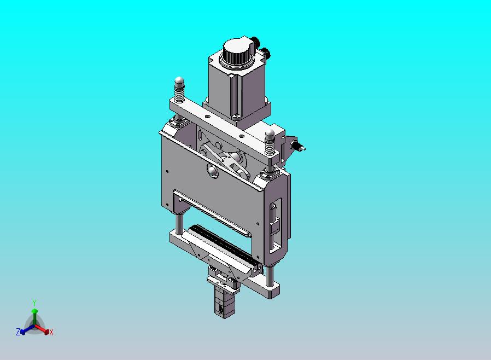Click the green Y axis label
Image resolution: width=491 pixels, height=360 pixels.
click(x=34, y=303)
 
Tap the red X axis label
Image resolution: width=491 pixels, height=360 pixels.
click(x=51, y=332)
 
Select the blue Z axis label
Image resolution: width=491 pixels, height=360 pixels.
click(x=18, y=332)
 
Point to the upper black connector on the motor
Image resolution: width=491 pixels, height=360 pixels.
click(x=255, y=41)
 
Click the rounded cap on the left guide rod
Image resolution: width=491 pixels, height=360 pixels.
click(x=179, y=81)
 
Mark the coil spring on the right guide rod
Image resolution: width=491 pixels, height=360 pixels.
click(x=270, y=146)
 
